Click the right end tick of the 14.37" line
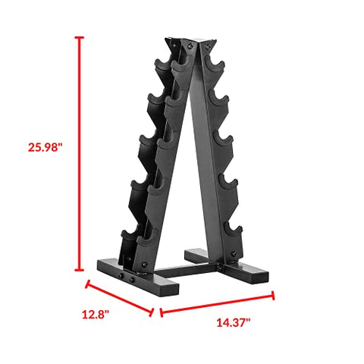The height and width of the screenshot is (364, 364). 273,295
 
